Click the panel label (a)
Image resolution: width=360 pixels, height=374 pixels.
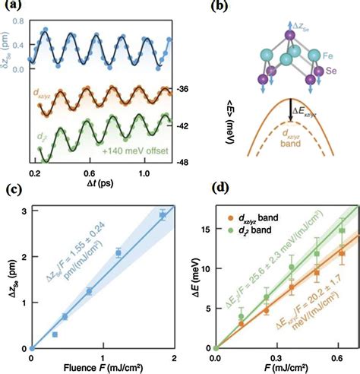14,9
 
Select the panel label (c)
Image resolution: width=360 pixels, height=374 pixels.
14,190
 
